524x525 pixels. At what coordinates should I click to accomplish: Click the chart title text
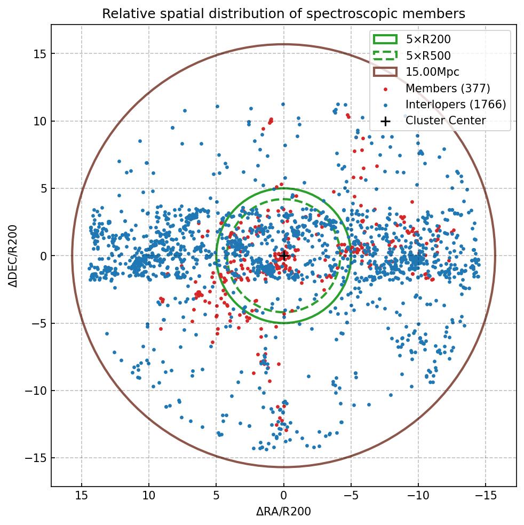[x=283, y=13]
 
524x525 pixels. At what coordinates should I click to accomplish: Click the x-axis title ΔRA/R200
[x=283, y=512]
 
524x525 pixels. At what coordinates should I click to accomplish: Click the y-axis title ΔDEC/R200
[x=13, y=256]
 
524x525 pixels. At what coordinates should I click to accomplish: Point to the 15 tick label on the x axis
[x=82, y=496]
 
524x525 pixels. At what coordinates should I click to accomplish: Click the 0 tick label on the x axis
[x=283, y=496]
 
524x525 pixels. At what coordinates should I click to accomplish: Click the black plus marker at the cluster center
[x=284, y=256]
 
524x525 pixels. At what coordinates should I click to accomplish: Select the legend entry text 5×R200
[x=428, y=39]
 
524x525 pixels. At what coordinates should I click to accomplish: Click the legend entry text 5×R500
[x=428, y=55]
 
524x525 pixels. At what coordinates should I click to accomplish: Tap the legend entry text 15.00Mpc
[x=432, y=72]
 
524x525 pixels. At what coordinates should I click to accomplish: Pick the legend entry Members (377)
[x=447, y=88]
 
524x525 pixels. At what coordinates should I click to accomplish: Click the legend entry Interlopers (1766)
[x=455, y=105]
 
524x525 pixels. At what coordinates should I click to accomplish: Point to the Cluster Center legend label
[x=445, y=121]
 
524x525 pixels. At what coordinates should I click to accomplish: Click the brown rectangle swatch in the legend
[x=385, y=72]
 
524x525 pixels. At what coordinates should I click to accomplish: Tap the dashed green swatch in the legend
[x=385, y=55]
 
